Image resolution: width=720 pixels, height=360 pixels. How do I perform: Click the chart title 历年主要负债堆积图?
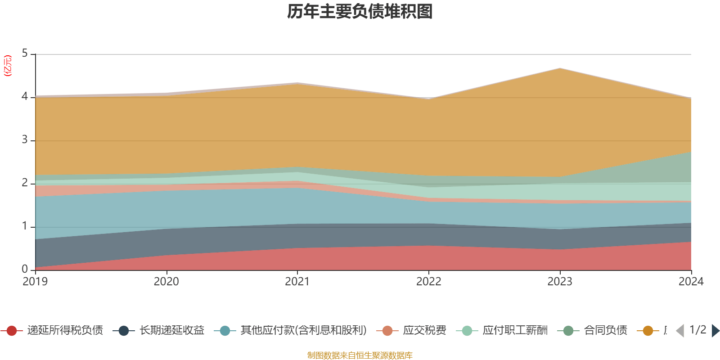(x=360, y=12)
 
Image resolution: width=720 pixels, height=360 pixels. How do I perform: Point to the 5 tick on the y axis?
(x=25, y=54)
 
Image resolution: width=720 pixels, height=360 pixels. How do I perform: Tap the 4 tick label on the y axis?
(x=25, y=97)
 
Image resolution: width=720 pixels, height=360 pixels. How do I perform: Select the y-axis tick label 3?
(x=25, y=140)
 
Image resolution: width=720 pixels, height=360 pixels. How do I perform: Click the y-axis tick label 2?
(x=25, y=183)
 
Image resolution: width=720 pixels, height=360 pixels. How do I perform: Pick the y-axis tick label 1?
(x=25, y=226)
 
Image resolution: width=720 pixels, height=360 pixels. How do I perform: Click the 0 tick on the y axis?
(x=25, y=269)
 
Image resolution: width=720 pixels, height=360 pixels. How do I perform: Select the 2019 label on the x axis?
(x=35, y=282)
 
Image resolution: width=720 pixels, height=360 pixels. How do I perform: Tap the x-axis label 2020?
(x=166, y=282)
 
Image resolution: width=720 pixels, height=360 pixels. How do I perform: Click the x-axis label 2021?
(x=297, y=282)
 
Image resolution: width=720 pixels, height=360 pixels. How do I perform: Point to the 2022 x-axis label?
(x=428, y=282)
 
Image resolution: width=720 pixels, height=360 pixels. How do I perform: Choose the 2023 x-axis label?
(x=560, y=282)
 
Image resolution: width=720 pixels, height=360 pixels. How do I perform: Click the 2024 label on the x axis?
(x=691, y=282)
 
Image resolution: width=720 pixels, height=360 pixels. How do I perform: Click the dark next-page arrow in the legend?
(x=715, y=331)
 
